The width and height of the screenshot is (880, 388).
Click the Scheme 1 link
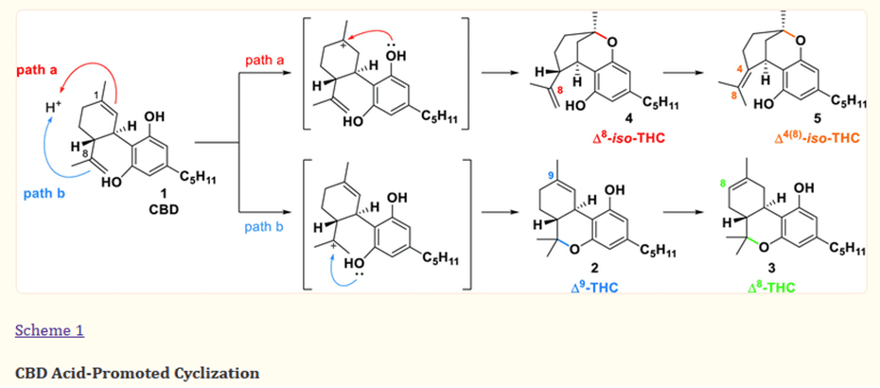(50, 330)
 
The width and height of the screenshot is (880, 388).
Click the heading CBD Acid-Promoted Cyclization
(137, 372)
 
